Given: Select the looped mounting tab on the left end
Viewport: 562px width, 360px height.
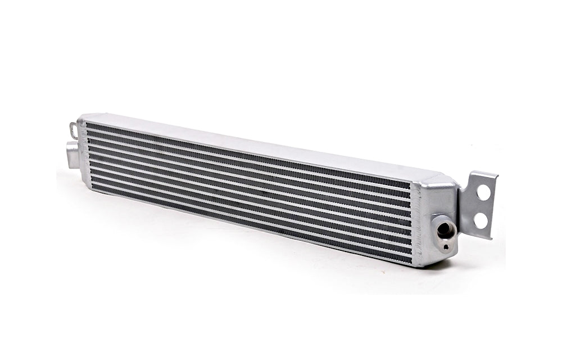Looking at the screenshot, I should click(x=72, y=129).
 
